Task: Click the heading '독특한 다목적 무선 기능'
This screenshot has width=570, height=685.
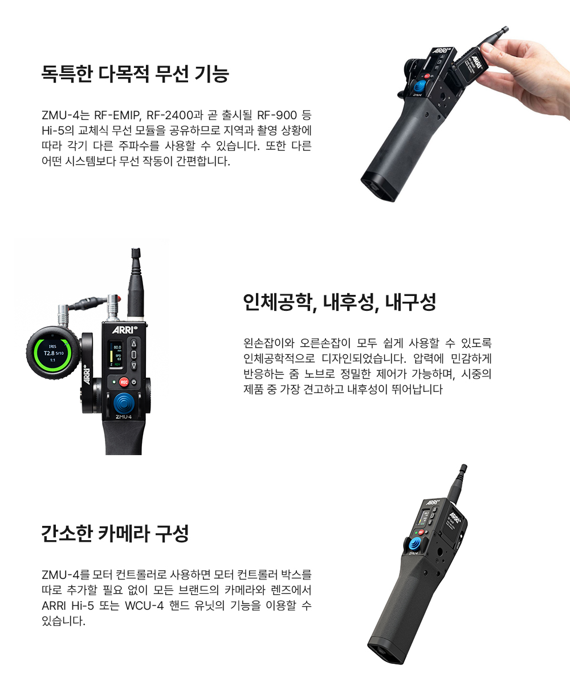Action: tap(135, 74)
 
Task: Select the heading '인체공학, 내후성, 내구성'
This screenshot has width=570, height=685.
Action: tap(339, 302)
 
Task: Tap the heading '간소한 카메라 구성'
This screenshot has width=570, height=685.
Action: tap(115, 533)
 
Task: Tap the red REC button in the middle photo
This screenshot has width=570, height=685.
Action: tap(124, 382)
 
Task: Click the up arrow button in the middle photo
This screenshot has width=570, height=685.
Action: tap(134, 343)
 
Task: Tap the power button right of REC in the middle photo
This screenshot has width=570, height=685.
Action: tap(134, 382)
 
